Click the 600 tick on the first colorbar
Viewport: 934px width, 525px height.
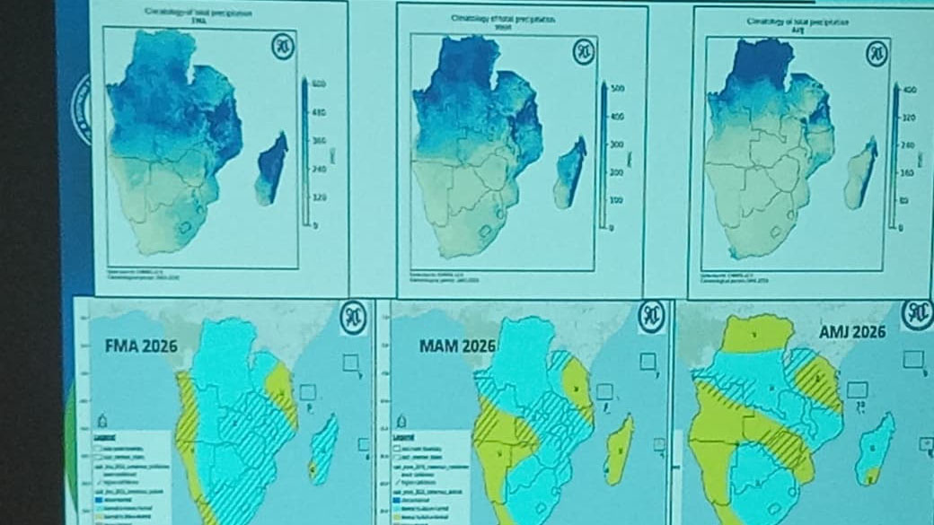[x=318, y=84]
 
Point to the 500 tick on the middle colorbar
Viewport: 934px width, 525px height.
[x=617, y=89]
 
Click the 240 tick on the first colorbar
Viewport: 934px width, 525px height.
[x=318, y=168]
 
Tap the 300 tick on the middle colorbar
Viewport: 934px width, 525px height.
[x=617, y=144]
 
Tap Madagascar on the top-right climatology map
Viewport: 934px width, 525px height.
[x=859, y=175]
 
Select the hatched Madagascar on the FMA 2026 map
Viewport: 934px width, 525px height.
[x=322, y=449]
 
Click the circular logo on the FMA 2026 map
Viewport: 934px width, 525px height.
[x=353, y=317]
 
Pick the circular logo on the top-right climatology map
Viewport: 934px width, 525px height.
[x=876, y=53]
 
